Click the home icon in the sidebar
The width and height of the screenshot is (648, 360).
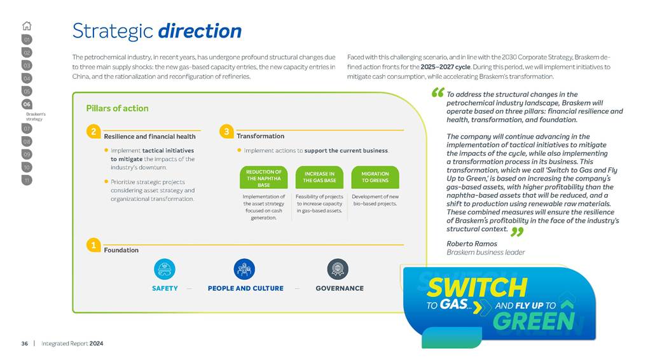27,26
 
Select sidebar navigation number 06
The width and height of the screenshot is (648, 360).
27,104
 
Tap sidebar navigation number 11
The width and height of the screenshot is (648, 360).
27,180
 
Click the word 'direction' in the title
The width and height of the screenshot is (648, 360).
200,31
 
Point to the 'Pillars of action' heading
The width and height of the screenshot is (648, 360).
117,108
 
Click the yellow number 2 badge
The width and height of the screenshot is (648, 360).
93,132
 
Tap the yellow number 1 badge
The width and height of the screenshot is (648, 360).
93,245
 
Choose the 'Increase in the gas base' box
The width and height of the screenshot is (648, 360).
320,177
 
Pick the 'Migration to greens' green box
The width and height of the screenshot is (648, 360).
375,177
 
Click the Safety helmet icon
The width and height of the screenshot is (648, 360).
165,268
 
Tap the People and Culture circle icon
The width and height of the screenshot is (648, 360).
244,268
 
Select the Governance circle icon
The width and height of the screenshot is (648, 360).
337,268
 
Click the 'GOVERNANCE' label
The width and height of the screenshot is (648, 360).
340,288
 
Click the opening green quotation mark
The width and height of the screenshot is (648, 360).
438,93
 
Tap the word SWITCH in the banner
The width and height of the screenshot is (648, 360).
477,287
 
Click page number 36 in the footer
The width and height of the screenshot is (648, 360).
24,343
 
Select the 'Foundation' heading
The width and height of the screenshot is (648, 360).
121,250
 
